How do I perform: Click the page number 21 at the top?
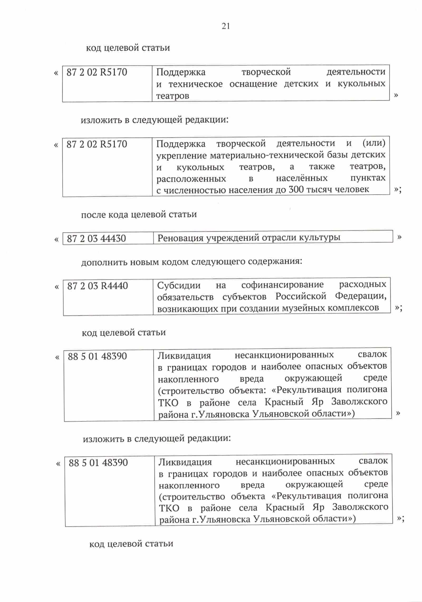226,26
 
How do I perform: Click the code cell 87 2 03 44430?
96,239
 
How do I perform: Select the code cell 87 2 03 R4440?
97,286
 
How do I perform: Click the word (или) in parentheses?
374,143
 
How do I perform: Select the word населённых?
302,178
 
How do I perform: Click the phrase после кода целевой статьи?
139,214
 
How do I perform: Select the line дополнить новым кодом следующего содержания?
191,262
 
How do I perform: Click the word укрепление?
182,155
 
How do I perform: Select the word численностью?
195,190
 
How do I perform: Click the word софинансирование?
282,285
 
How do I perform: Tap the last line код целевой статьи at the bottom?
131,544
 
